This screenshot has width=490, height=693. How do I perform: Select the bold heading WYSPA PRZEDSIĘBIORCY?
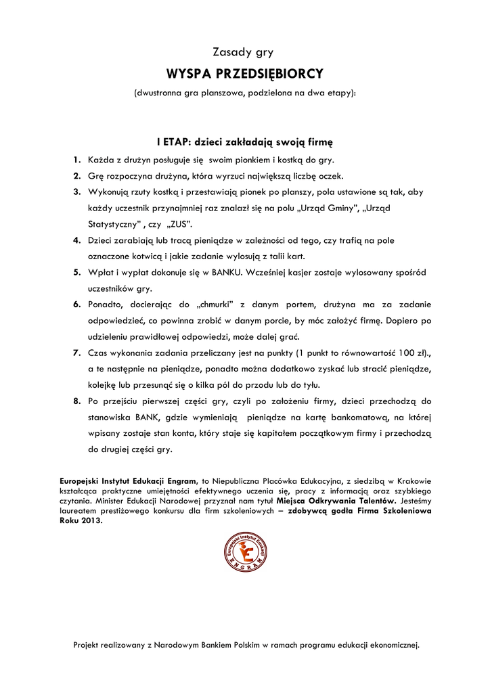(245, 73)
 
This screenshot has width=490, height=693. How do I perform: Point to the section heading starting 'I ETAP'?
(245, 142)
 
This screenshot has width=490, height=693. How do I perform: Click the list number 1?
(76, 160)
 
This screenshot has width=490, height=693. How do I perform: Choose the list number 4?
(76, 240)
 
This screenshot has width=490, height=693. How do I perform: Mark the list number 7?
(76, 353)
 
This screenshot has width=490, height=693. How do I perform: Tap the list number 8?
(76, 401)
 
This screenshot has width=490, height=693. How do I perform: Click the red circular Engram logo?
(244, 552)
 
